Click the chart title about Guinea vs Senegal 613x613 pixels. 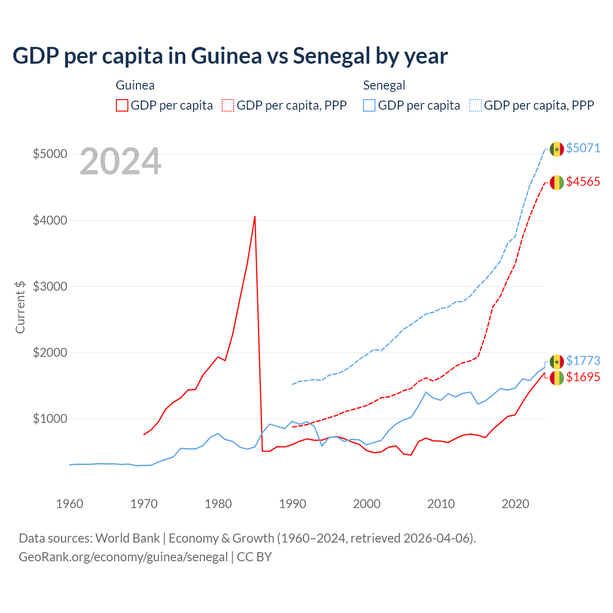(x=230, y=56)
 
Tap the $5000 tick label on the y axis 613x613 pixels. (x=50, y=154)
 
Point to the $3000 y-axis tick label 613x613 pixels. (x=50, y=286)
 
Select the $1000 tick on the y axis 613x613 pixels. (x=50, y=419)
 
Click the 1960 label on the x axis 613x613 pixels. (x=69, y=504)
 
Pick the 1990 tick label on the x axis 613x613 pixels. (x=292, y=504)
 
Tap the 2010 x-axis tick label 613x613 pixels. (x=441, y=504)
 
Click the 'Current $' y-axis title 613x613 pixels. (x=20, y=307)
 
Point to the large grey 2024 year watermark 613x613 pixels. (x=120, y=162)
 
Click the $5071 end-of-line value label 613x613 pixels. (x=583, y=148)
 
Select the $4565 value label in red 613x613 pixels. (x=583, y=182)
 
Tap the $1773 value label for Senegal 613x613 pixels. (x=583, y=361)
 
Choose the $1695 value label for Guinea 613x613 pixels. (x=583, y=377)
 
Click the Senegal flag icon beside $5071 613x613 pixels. (x=556, y=149)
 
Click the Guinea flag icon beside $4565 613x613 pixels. (x=556, y=182)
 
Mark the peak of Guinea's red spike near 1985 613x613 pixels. (x=255, y=216)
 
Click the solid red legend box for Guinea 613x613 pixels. (x=122, y=105)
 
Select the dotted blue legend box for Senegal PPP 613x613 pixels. (x=476, y=105)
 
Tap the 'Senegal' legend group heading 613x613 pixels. (x=384, y=85)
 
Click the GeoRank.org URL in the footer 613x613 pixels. (x=123, y=557)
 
